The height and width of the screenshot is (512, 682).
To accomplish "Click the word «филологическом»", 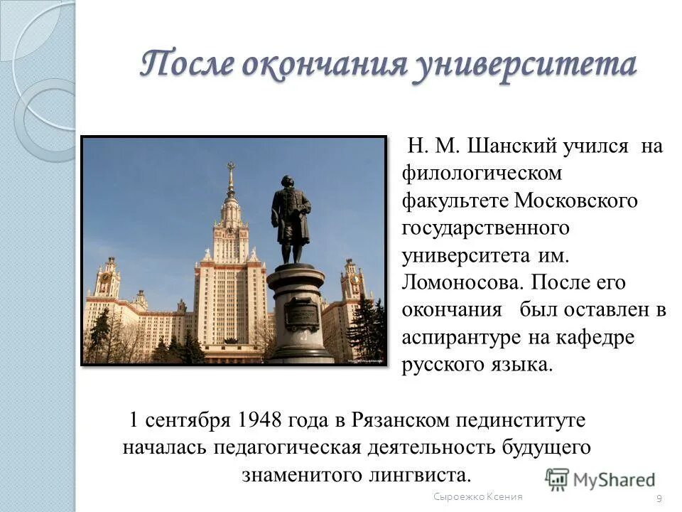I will click(482, 174).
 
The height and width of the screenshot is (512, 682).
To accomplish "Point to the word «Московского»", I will click(576, 201).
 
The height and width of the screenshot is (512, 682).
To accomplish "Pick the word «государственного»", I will click(486, 228).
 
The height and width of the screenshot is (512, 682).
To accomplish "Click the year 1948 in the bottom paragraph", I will click(256, 420).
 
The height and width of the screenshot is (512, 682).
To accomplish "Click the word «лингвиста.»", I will click(420, 474).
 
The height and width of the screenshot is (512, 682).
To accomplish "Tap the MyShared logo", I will click(600, 479).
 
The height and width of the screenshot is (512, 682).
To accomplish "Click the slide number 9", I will click(659, 498).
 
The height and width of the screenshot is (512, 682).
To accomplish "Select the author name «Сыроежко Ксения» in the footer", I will click(478, 496).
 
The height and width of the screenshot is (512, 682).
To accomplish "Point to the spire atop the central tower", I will click(230, 178).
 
